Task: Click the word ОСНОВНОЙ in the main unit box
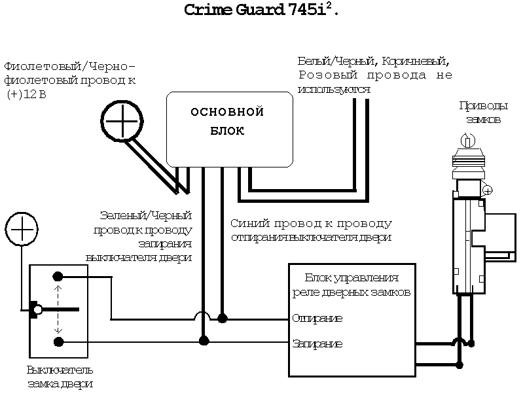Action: point(226,112)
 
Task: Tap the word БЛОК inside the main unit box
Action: point(226,131)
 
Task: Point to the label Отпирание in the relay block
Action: point(317,319)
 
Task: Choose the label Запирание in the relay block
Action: point(317,343)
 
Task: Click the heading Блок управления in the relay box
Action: point(361,278)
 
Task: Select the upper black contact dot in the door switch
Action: point(58,276)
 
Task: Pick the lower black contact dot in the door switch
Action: point(58,342)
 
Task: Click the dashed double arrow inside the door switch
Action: point(58,309)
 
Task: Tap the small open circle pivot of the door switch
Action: point(39,309)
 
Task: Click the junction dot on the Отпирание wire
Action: point(223,319)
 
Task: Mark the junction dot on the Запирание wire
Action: point(204,340)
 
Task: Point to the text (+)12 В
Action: point(26,94)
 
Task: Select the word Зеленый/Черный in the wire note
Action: point(145,215)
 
